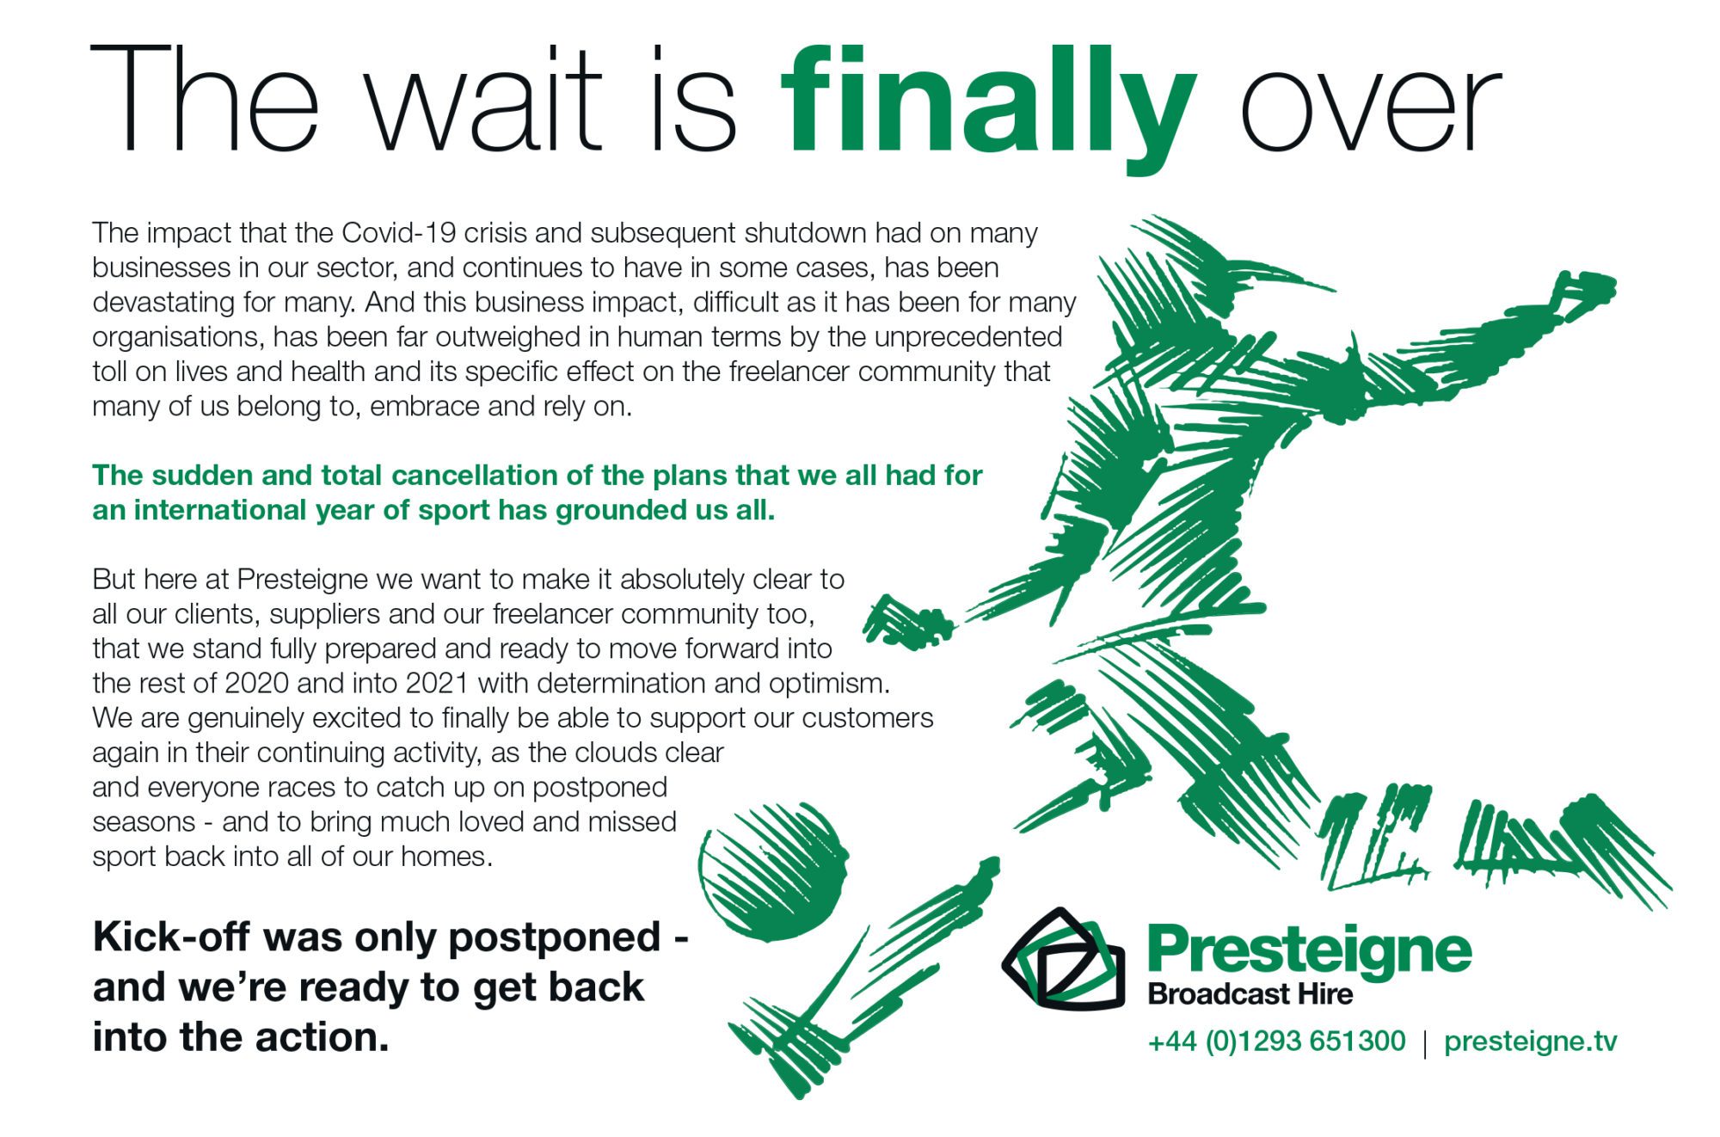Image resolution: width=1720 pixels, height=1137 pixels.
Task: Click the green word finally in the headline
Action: pyautogui.click(x=989, y=108)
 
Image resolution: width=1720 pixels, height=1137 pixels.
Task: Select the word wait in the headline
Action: pyautogui.click(x=485, y=99)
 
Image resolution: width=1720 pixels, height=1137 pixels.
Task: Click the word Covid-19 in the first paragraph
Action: pyautogui.click(x=398, y=233)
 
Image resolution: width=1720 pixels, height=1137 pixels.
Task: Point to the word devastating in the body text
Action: pyautogui.click(x=163, y=303)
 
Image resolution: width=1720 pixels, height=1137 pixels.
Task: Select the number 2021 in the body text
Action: pyautogui.click(x=438, y=683)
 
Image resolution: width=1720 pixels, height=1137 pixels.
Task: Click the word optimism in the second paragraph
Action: pyautogui.click(x=829, y=684)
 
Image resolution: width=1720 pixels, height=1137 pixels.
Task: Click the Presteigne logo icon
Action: pyautogui.click(x=1064, y=958)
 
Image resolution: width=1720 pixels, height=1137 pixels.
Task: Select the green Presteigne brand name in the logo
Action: pyautogui.click(x=1309, y=951)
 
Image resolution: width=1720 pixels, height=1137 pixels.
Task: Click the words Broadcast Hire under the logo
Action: pyautogui.click(x=1250, y=995)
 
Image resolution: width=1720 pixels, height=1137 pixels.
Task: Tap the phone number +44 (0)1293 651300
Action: pyautogui.click(x=1276, y=1042)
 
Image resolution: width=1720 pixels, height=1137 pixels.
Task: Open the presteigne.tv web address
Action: pyautogui.click(x=1530, y=1042)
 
